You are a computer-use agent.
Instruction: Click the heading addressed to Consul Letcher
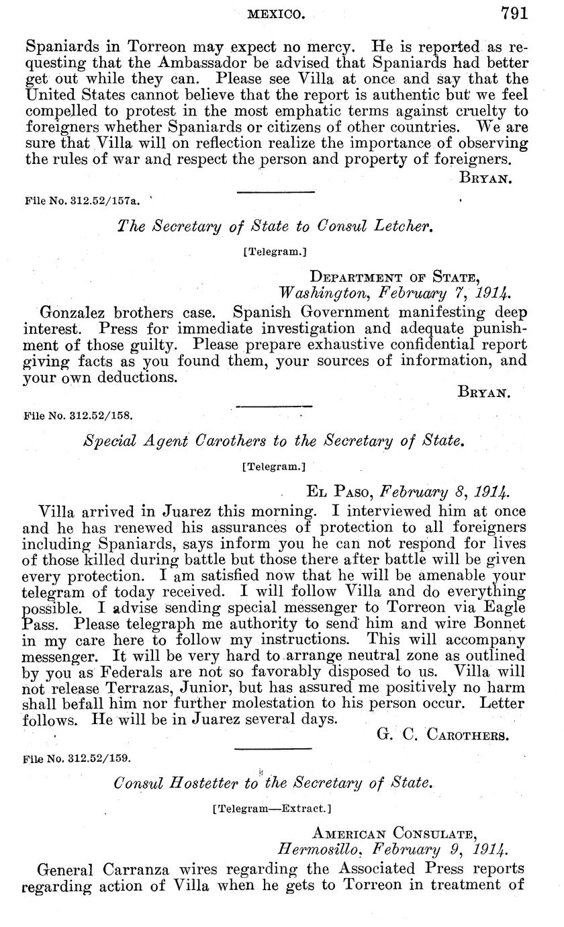(275, 226)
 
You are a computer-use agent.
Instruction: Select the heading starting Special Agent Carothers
(273, 441)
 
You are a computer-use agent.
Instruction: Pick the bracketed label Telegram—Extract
(272, 809)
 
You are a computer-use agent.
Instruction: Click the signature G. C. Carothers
(443, 734)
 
